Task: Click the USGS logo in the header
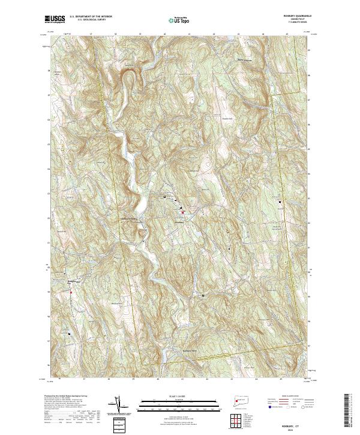pos(55,19)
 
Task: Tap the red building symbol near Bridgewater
pos(71,292)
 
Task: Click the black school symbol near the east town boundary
pos(280,202)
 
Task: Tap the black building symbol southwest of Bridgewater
pos(70,333)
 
